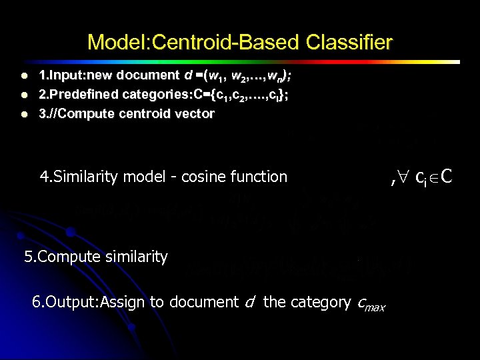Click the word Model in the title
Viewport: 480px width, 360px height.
117,43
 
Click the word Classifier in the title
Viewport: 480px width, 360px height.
349,43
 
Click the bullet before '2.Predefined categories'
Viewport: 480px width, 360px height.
24,95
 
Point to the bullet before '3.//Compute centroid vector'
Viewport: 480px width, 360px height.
24,114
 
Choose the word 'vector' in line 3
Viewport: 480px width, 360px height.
197,113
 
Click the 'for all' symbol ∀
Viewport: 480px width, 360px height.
403,177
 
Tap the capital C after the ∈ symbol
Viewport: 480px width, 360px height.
447,177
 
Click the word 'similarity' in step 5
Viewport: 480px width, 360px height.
137,257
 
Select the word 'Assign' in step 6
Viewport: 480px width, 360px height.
123,302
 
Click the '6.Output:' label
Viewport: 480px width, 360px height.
64,302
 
